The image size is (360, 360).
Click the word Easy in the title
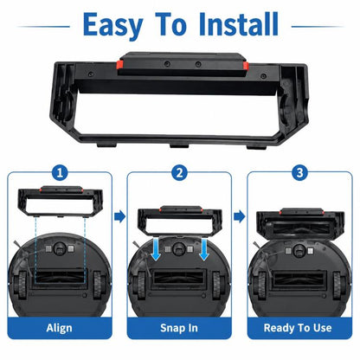(x=112, y=26)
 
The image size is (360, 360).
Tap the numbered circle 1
(x=60, y=173)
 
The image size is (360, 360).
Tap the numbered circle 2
(x=179, y=173)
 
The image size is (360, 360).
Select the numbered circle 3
(x=299, y=173)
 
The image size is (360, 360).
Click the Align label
(x=60, y=328)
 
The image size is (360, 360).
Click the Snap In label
(x=179, y=328)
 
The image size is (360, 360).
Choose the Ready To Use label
(x=298, y=328)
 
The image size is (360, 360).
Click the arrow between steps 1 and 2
(x=119, y=216)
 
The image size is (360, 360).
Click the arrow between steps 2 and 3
(x=240, y=216)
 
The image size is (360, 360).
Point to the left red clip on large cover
(x=120, y=64)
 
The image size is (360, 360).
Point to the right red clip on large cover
(x=245, y=66)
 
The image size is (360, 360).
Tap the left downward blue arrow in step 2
(x=156, y=249)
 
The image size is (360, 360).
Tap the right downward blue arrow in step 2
(x=204, y=249)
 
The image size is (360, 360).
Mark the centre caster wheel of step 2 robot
(x=179, y=248)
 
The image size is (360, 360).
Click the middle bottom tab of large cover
(x=179, y=146)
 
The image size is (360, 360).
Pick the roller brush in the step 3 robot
(x=299, y=280)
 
